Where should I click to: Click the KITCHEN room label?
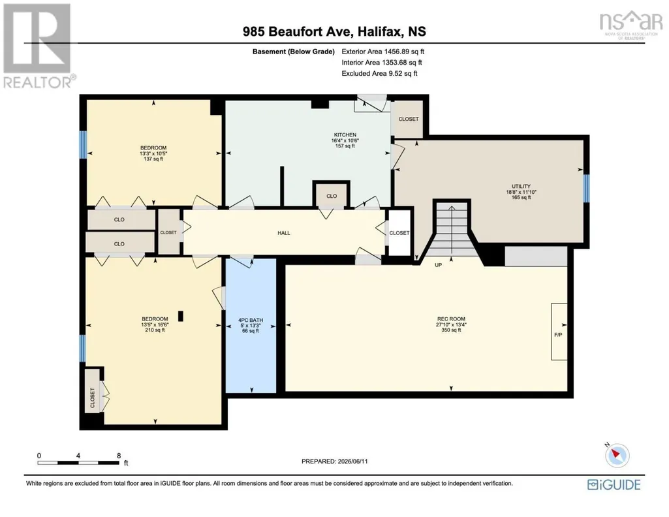(x=345, y=134)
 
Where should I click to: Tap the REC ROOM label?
(x=451, y=319)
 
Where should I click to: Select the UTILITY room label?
(x=521, y=187)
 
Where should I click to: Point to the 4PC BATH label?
(x=251, y=320)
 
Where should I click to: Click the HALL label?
(x=284, y=233)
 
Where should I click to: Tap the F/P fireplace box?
(x=559, y=332)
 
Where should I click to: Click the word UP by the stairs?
(x=438, y=265)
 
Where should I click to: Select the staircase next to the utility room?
(x=452, y=230)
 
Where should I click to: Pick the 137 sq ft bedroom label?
(x=153, y=153)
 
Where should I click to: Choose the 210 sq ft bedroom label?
(x=155, y=324)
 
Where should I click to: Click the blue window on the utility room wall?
(x=586, y=188)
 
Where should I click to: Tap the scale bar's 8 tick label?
(x=119, y=456)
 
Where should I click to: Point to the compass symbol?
(x=617, y=455)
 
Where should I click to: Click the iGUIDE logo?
(x=614, y=485)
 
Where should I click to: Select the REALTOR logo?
(x=39, y=46)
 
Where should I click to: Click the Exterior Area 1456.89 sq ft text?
(x=382, y=52)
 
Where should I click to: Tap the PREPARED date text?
(x=334, y=461)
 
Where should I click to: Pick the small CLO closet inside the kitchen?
(x=332, y=196)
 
